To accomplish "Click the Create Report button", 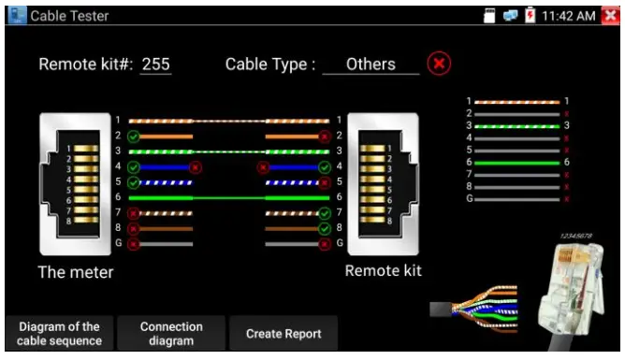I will coord(283,334).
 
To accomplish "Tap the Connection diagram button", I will coord(171,334).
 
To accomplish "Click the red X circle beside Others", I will coord(439,65).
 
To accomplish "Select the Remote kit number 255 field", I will coord(155,65).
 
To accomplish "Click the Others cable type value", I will coord(370,65).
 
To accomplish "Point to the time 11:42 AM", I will coord(567,16).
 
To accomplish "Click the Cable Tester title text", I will coord(69,16).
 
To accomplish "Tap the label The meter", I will coord(76,273).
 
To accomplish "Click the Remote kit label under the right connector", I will coord(383,271).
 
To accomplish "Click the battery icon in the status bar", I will coord(531,16).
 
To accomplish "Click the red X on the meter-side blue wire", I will coord(196,167).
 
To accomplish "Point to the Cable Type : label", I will coord(270,65).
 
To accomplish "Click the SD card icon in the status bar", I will coord(488,16).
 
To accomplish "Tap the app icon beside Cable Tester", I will coord(15,16).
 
